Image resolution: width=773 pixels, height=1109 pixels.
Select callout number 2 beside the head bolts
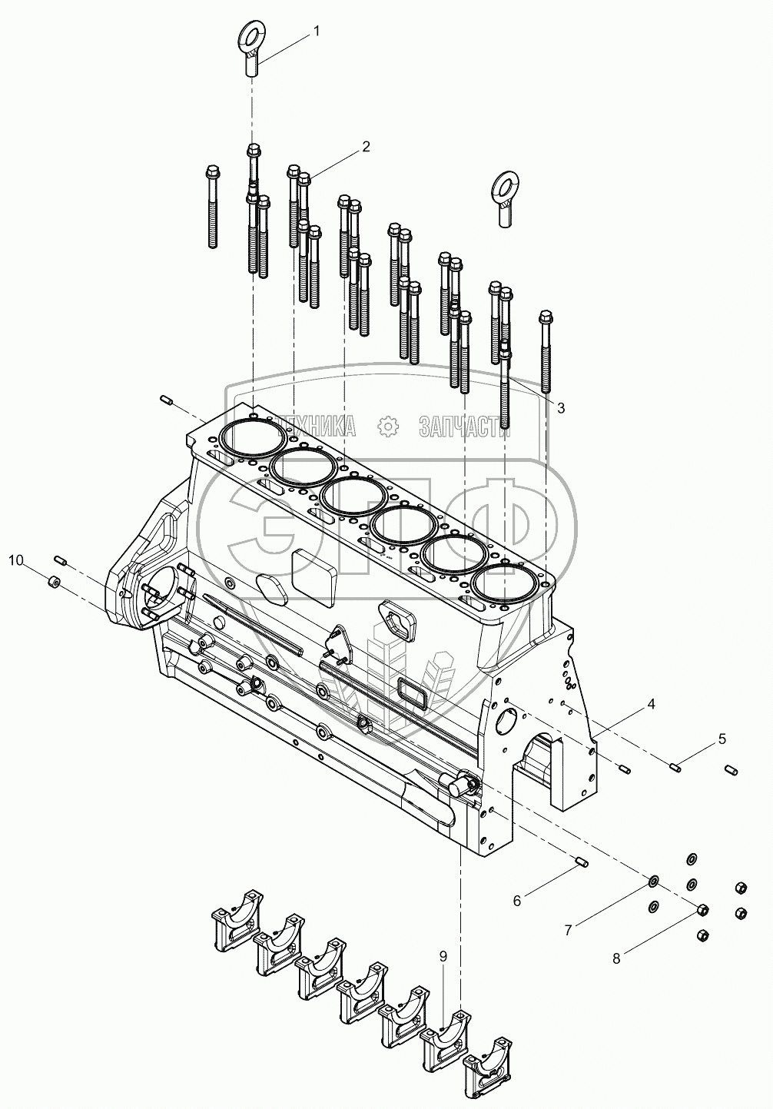tap(367, 146)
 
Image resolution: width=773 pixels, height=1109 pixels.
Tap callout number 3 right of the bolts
tap(561, 407)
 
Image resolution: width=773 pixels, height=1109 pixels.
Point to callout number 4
tap(650, 702)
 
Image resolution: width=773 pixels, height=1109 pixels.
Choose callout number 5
tap(722, 739)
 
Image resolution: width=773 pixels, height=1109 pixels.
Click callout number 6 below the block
tap(516, 900)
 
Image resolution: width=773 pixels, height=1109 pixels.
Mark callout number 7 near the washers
tap(568, 930)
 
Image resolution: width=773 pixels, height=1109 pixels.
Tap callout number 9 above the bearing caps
tap(443, 956)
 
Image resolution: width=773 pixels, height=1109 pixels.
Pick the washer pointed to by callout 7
tap(654, 879)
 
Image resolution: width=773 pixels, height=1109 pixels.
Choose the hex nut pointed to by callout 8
tap(702, 909)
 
